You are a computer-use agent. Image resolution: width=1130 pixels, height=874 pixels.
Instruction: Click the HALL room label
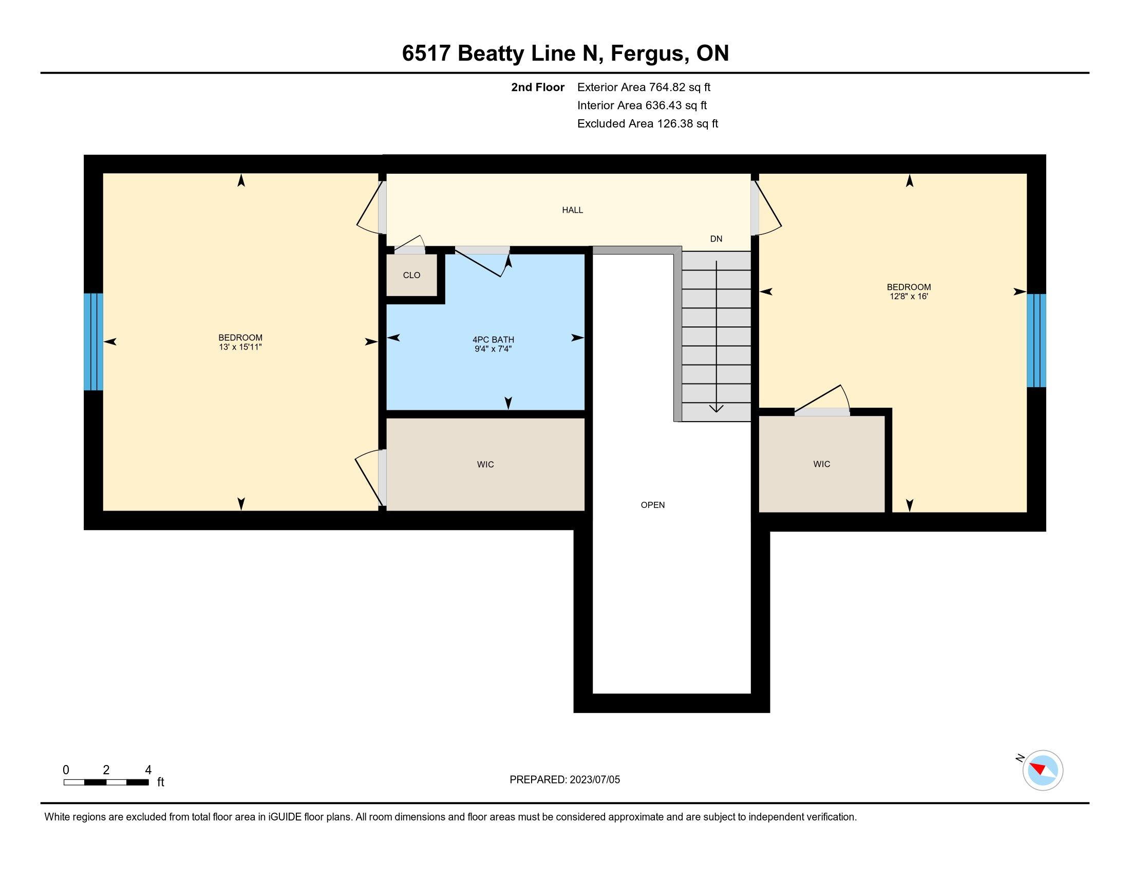(x=572, y=210)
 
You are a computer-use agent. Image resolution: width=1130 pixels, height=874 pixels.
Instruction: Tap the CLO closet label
(x=411, y=275)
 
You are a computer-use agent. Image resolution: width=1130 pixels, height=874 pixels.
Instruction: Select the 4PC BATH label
(x=493, y=340)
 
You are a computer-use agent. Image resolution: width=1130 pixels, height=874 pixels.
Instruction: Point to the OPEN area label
(x=652, y=505)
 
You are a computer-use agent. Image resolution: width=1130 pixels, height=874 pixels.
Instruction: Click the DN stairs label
(x=716, y=239)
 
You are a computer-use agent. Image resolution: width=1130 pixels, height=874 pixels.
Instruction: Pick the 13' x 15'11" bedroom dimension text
(x=240, y=347)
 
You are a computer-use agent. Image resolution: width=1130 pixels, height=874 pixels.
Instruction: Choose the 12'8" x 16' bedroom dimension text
(x=909, y=296)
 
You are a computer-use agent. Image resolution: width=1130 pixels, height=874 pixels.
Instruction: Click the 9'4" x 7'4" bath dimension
(x=493, y=349)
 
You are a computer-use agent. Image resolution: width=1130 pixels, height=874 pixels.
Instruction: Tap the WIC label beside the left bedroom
(x=485, y=464)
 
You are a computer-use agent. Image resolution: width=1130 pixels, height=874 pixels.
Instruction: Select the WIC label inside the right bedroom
(x=822, y=464)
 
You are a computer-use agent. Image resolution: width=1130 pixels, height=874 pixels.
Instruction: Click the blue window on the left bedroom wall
(x=93, y=342)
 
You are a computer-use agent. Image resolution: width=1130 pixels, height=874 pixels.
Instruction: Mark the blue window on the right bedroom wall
(x=1037, y=341)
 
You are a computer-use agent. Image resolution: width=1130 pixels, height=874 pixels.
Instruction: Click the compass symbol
(x=1043, y=770)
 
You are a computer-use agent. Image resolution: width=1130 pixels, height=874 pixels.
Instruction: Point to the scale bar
(x=106, y=782)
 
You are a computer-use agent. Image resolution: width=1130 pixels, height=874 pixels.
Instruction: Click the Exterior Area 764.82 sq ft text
(x=644, y=87)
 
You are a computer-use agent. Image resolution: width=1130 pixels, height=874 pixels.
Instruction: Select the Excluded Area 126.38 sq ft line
(x=648, y=123)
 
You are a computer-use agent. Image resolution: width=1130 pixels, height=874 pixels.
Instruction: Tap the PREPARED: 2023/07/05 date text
(x=564, y=780)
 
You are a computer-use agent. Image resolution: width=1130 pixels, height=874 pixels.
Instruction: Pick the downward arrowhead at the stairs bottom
(x=716, y=409)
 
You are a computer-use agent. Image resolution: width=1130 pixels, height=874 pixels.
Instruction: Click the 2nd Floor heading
(x=538, y=87)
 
